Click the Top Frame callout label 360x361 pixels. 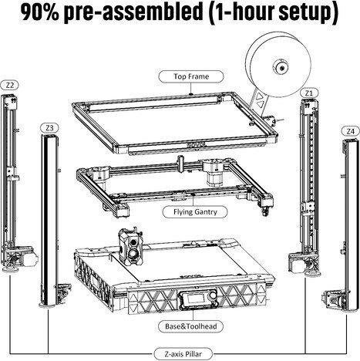191,76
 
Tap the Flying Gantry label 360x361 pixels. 195,212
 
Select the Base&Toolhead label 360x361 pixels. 190,326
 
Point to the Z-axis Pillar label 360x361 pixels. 183,354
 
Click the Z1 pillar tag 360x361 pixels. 309,93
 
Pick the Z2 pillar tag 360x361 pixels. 10,85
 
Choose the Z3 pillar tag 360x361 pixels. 49,128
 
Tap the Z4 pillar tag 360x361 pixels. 351,131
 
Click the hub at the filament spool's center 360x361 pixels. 281,68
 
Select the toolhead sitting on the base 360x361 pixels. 131,247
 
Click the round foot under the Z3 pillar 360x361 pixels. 48,305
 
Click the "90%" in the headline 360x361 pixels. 40,12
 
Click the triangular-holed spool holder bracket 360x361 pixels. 257,102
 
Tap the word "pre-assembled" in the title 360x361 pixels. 133,13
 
